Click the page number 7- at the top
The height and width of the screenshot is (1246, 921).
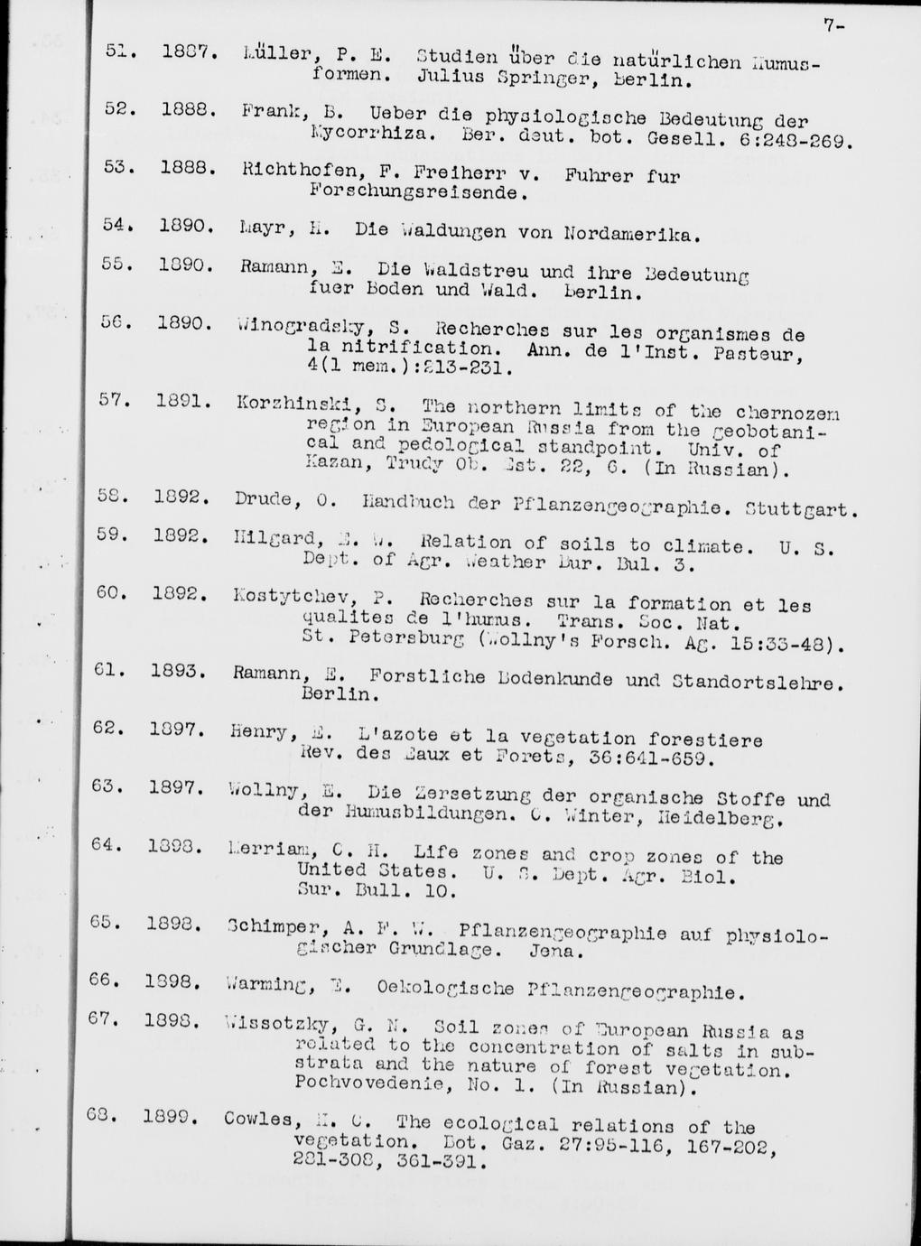coord(833,26)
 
